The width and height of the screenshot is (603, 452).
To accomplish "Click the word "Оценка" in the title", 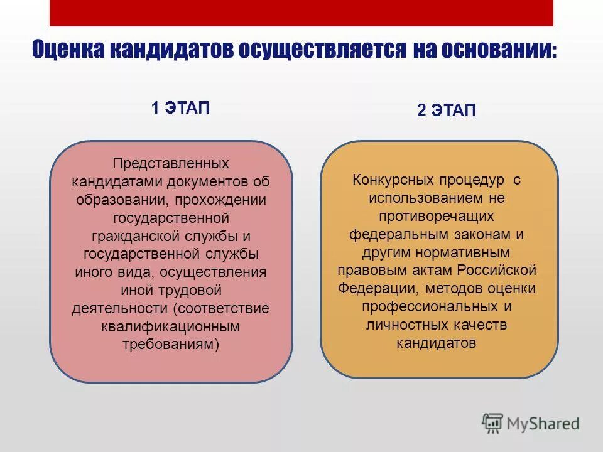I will pyautogui.click(x=68, y=50).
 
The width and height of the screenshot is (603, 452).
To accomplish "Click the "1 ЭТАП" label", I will pyautogui.click(x=180, y=107).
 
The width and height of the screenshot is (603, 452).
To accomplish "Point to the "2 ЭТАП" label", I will pyautogui.click(x=447, y=111).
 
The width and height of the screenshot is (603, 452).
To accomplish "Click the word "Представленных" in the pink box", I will pyautogui.click(x=171, y=163).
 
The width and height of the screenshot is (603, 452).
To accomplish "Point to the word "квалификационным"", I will pyautogui.click(x=171, y=326).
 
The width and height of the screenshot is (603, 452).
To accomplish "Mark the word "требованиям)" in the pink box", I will pyautogui.click(x=171, y=345).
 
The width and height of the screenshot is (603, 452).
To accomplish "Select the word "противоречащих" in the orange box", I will pyautogui.click(x=437, y=217).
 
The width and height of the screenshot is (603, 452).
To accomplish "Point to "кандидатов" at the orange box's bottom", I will pyautogui.click(x=437, y=343).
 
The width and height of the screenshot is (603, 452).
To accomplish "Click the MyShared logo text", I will pyautogui.click(x=543, y=423).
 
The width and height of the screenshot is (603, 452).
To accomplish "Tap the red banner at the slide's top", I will pyautogui.click(x=301, y=13).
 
